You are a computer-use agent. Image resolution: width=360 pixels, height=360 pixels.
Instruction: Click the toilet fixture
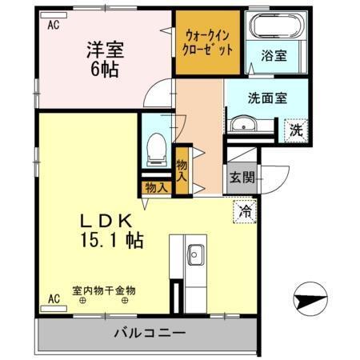click(157, 148)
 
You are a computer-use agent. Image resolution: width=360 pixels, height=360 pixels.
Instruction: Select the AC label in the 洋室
click(54, 26)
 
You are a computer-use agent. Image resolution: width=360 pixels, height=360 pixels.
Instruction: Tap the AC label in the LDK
click(54, 299)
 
